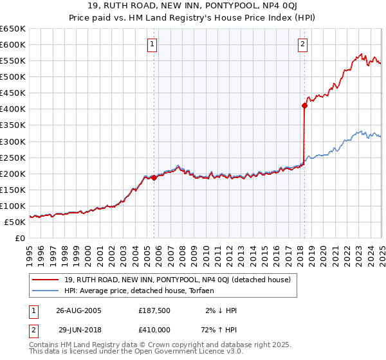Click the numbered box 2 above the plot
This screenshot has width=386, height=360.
point(302,44)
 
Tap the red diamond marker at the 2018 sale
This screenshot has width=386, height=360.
point(304,106)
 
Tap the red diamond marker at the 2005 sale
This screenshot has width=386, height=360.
point(154,178)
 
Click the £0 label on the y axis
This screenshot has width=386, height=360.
point(19,238)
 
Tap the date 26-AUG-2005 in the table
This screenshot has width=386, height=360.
point(78,310)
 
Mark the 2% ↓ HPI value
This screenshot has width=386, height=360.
point(221,310)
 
